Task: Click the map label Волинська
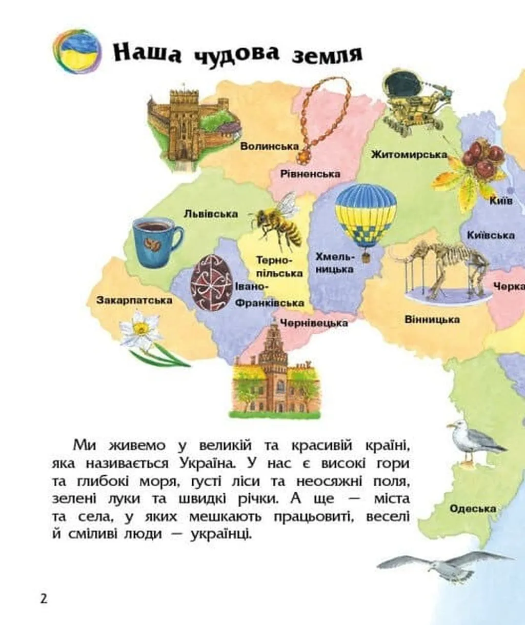point(269,146)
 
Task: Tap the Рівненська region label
point(310,174)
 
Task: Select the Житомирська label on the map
point(409,154)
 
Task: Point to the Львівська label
point(211,213)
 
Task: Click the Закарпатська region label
point(134,300)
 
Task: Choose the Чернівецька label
point(314,322)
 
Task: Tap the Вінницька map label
point(432,319)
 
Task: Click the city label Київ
point(500,200)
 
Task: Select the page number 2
point(44,598)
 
